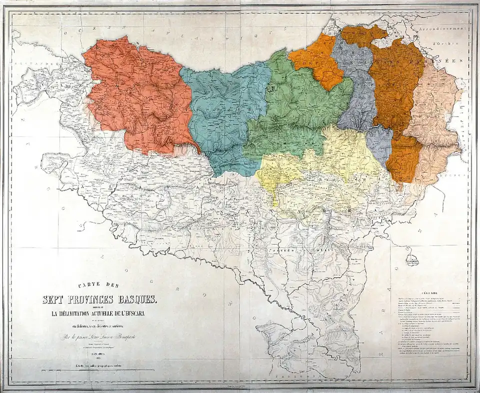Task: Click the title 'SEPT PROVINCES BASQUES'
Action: [x=99, y=300]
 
